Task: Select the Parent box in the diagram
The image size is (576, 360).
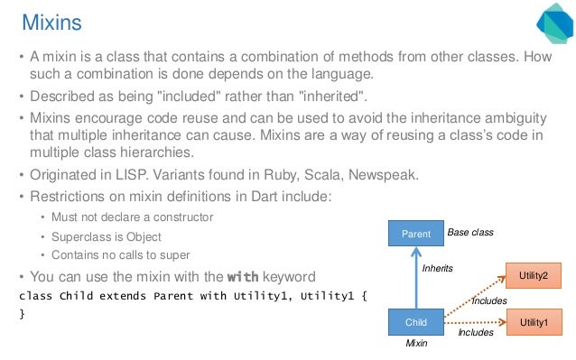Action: pos(416,234)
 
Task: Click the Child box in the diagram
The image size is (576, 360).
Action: pos(416,321)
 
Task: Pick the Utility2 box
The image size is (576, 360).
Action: pos(533,272)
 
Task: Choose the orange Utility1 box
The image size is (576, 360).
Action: pos(533,321)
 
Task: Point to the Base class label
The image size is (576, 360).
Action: pos(470,233)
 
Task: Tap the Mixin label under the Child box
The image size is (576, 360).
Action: pos(416,343)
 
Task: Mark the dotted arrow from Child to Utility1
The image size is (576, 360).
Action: pos(474,321)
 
